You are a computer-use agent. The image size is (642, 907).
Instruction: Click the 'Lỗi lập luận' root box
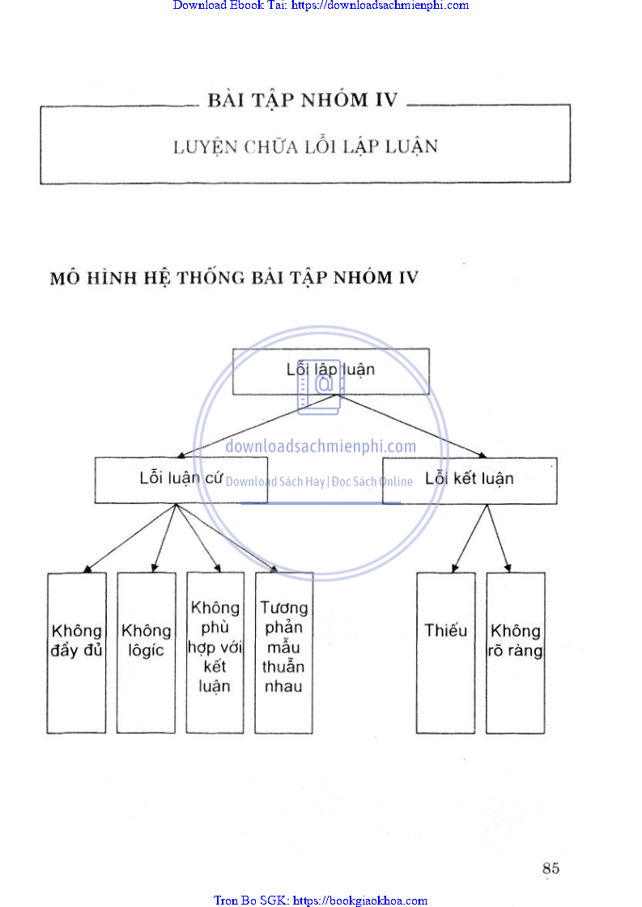tap(330, 371)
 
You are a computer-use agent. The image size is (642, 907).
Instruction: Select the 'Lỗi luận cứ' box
tap(170, 480)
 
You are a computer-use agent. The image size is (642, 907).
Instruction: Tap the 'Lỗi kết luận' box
tap(470, 480)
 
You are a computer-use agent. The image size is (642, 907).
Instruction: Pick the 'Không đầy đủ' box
tap(76, 652)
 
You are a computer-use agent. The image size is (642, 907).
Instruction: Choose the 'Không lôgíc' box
tap(146, 652)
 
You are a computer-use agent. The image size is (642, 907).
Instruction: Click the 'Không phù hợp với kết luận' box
tap(215, 652)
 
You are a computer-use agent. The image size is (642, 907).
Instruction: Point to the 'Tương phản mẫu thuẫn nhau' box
tap(283, 652)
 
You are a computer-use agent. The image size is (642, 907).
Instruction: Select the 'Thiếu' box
tap(445, 652)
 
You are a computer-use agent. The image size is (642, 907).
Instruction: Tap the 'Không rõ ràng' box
tap(515, 652)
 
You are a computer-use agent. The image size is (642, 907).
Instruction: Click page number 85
tap(551, 868)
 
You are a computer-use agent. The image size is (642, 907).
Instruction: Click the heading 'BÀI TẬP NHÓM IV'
tap(303, 100)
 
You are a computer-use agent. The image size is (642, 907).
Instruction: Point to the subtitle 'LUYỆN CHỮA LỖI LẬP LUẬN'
tap(305, 147)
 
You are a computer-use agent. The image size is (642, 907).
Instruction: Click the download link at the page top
tap(321, 6)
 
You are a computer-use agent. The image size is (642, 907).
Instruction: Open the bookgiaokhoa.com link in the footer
tap(321, 901)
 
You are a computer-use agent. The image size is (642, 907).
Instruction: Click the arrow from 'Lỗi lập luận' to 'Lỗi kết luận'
tap(413, 426)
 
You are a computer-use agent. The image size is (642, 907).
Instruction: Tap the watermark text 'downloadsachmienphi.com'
tap(321, 446)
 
